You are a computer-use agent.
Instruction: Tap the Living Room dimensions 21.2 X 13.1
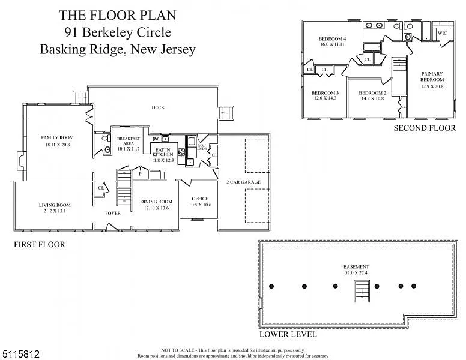click(x=55, y=211)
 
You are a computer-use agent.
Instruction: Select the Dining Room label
click(x=156, y=202)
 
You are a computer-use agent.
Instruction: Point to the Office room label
click(x=200, y=199)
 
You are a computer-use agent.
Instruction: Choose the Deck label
click(x=158, y=107)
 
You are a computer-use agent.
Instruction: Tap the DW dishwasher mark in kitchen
click(x=155, y=139)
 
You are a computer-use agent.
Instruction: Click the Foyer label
click(x=113, y=213)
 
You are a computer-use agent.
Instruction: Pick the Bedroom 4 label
click(x=332, y=39)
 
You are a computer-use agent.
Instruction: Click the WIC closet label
click(x=442, y=33)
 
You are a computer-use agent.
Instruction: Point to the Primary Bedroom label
click(x=432, y=76)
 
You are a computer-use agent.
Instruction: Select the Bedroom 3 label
click(x=325, y=92)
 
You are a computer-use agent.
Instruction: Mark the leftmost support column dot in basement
click(x=272, y=286)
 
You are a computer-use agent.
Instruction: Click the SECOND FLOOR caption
click(x=424, y=128)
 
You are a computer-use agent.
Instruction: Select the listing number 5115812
click(x=22, y=354)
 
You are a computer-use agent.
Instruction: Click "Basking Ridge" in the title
click(x=79, y=49)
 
